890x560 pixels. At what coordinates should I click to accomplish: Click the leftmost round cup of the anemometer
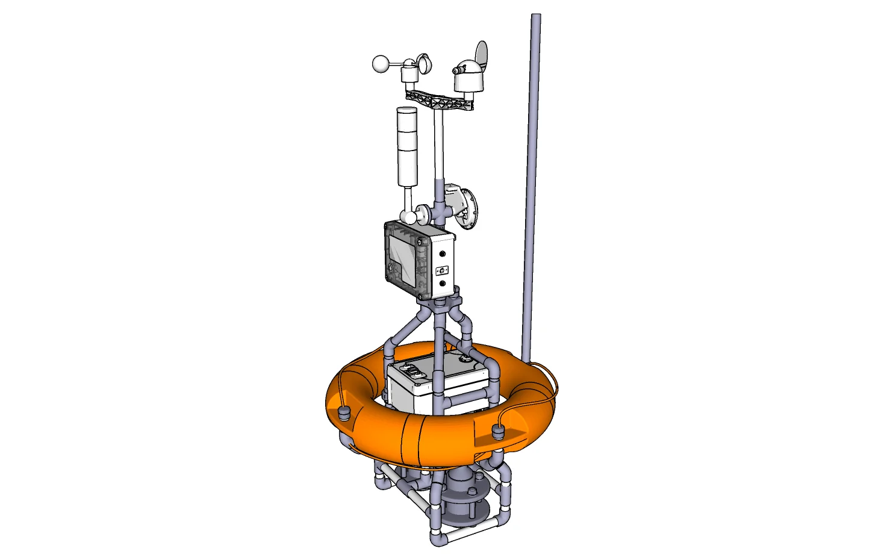pyautogui.click(x=381, y=64)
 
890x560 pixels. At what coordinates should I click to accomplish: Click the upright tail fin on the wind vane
pyautogui.click(x=481, y=53)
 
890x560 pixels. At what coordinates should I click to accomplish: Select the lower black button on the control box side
pyautogui.click(x=443, y=282)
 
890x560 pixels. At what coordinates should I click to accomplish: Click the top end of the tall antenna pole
pyautogui.click(x=535, y=17)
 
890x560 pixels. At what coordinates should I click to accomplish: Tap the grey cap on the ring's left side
pyautogui.click(x=344, y=413)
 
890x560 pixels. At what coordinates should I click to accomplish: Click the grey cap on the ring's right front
pyautogui.click(x=498, y=431)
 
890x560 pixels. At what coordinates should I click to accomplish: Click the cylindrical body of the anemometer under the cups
pyautogui.click(x=409, y=75)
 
